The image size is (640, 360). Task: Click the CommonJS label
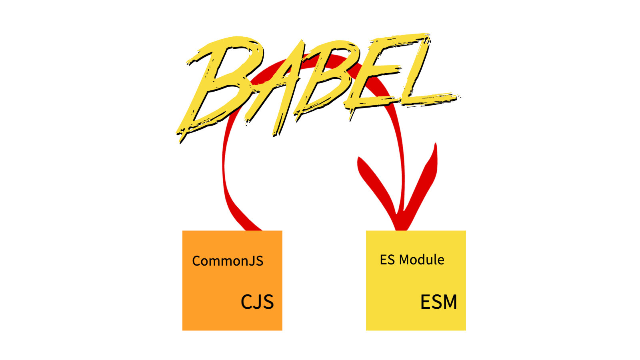tap(228, 261)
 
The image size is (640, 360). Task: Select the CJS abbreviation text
tap(257, 302)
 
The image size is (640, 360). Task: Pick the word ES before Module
tap(387, 260)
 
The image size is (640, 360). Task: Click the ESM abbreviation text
tap(438, 302)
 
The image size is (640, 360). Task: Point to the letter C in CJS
tap(246, 302)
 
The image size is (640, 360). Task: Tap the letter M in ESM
tap(450, 302)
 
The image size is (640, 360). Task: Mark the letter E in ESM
tap(425, 302)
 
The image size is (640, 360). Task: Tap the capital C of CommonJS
tap(196, 261)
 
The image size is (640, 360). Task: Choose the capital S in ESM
tap(436, 302)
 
